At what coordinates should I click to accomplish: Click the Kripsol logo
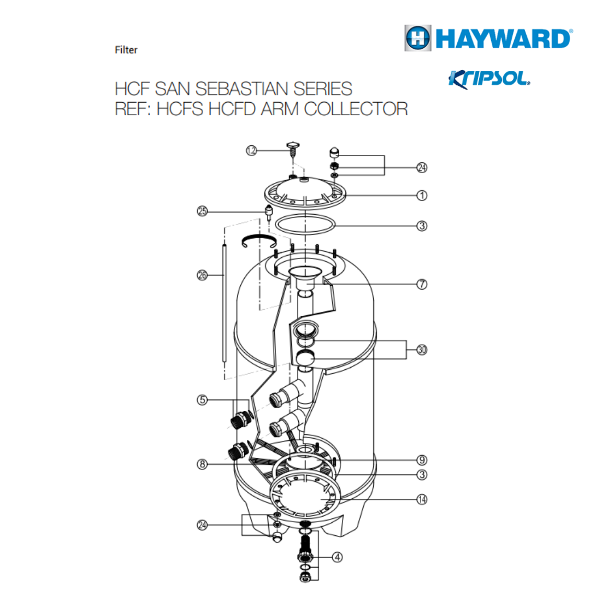[x=489, y=78]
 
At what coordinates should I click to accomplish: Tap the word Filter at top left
[x=126, y=50]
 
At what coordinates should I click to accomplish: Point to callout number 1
[x=421, y=194]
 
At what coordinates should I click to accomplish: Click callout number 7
[x=421, y=285]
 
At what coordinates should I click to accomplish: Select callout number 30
[x=421, y=350]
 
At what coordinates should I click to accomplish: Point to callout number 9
[x=421, y=459]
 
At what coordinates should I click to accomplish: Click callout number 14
[x=421, y=499]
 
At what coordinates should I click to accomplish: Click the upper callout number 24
[x=421, y=167]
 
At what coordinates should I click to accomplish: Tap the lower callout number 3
[x=421, y=475]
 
